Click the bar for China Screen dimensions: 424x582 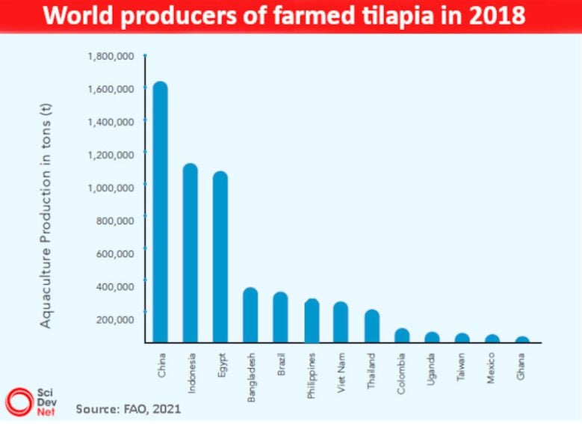160,212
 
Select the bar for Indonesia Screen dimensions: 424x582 191,254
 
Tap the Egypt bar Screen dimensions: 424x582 220,257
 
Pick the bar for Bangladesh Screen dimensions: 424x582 250,315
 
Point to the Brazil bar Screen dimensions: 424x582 281,317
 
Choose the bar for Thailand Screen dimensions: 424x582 371,326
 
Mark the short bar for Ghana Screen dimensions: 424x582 522,339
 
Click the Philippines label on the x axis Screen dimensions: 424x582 312,372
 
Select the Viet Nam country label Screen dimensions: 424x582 341,369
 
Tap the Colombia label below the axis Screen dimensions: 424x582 402,369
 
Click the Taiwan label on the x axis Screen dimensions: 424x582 462,366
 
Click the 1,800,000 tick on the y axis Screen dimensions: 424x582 111,56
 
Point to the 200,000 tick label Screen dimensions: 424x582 115,319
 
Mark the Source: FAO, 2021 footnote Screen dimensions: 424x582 128,409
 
